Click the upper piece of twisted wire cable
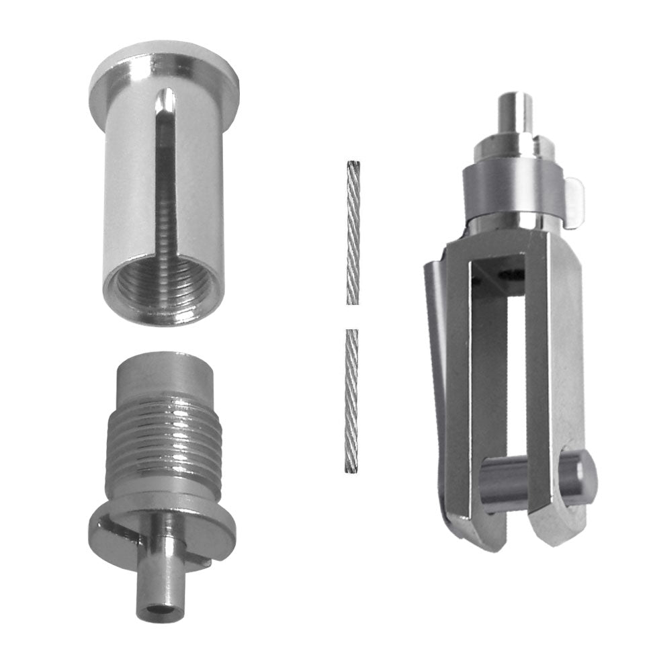[353, 232]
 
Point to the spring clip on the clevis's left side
[434, 336]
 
